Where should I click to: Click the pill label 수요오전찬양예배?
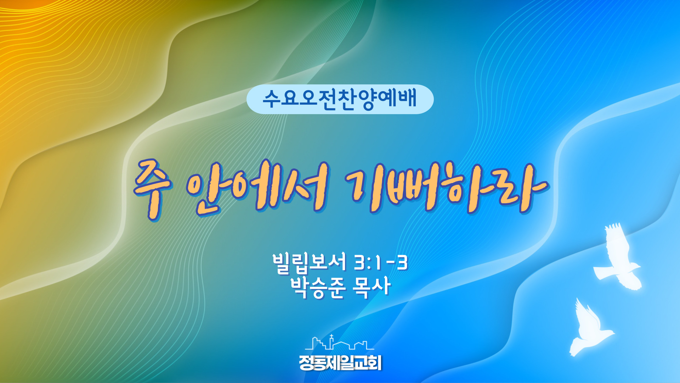[340, 99]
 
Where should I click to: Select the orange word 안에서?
[257, 188]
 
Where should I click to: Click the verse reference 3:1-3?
[381, 263]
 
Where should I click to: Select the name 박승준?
[317, 287]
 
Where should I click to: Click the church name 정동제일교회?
[340, 362]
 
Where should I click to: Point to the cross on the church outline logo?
[331, 337]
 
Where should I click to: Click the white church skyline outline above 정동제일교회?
[339, 343]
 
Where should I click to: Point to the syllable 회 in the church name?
[374, 362]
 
